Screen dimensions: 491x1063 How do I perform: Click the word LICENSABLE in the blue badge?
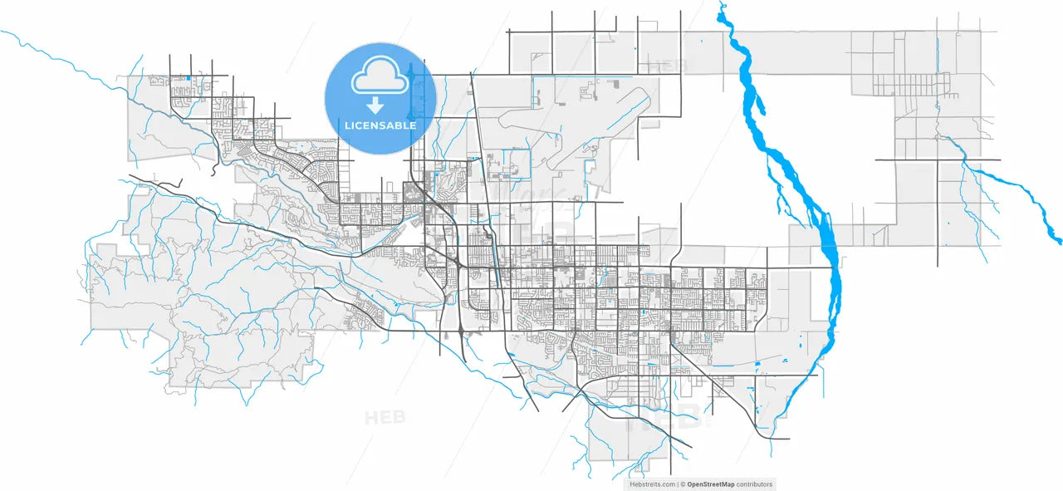click(380, 126)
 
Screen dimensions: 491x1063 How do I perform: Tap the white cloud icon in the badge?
click(380, 76)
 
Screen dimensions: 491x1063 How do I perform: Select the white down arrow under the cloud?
click(376, 105)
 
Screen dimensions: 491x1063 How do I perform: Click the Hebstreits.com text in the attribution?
click(652, 484)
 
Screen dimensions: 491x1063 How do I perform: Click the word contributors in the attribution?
click(754, 484)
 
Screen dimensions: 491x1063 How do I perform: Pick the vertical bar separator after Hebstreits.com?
click(678, 484)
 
